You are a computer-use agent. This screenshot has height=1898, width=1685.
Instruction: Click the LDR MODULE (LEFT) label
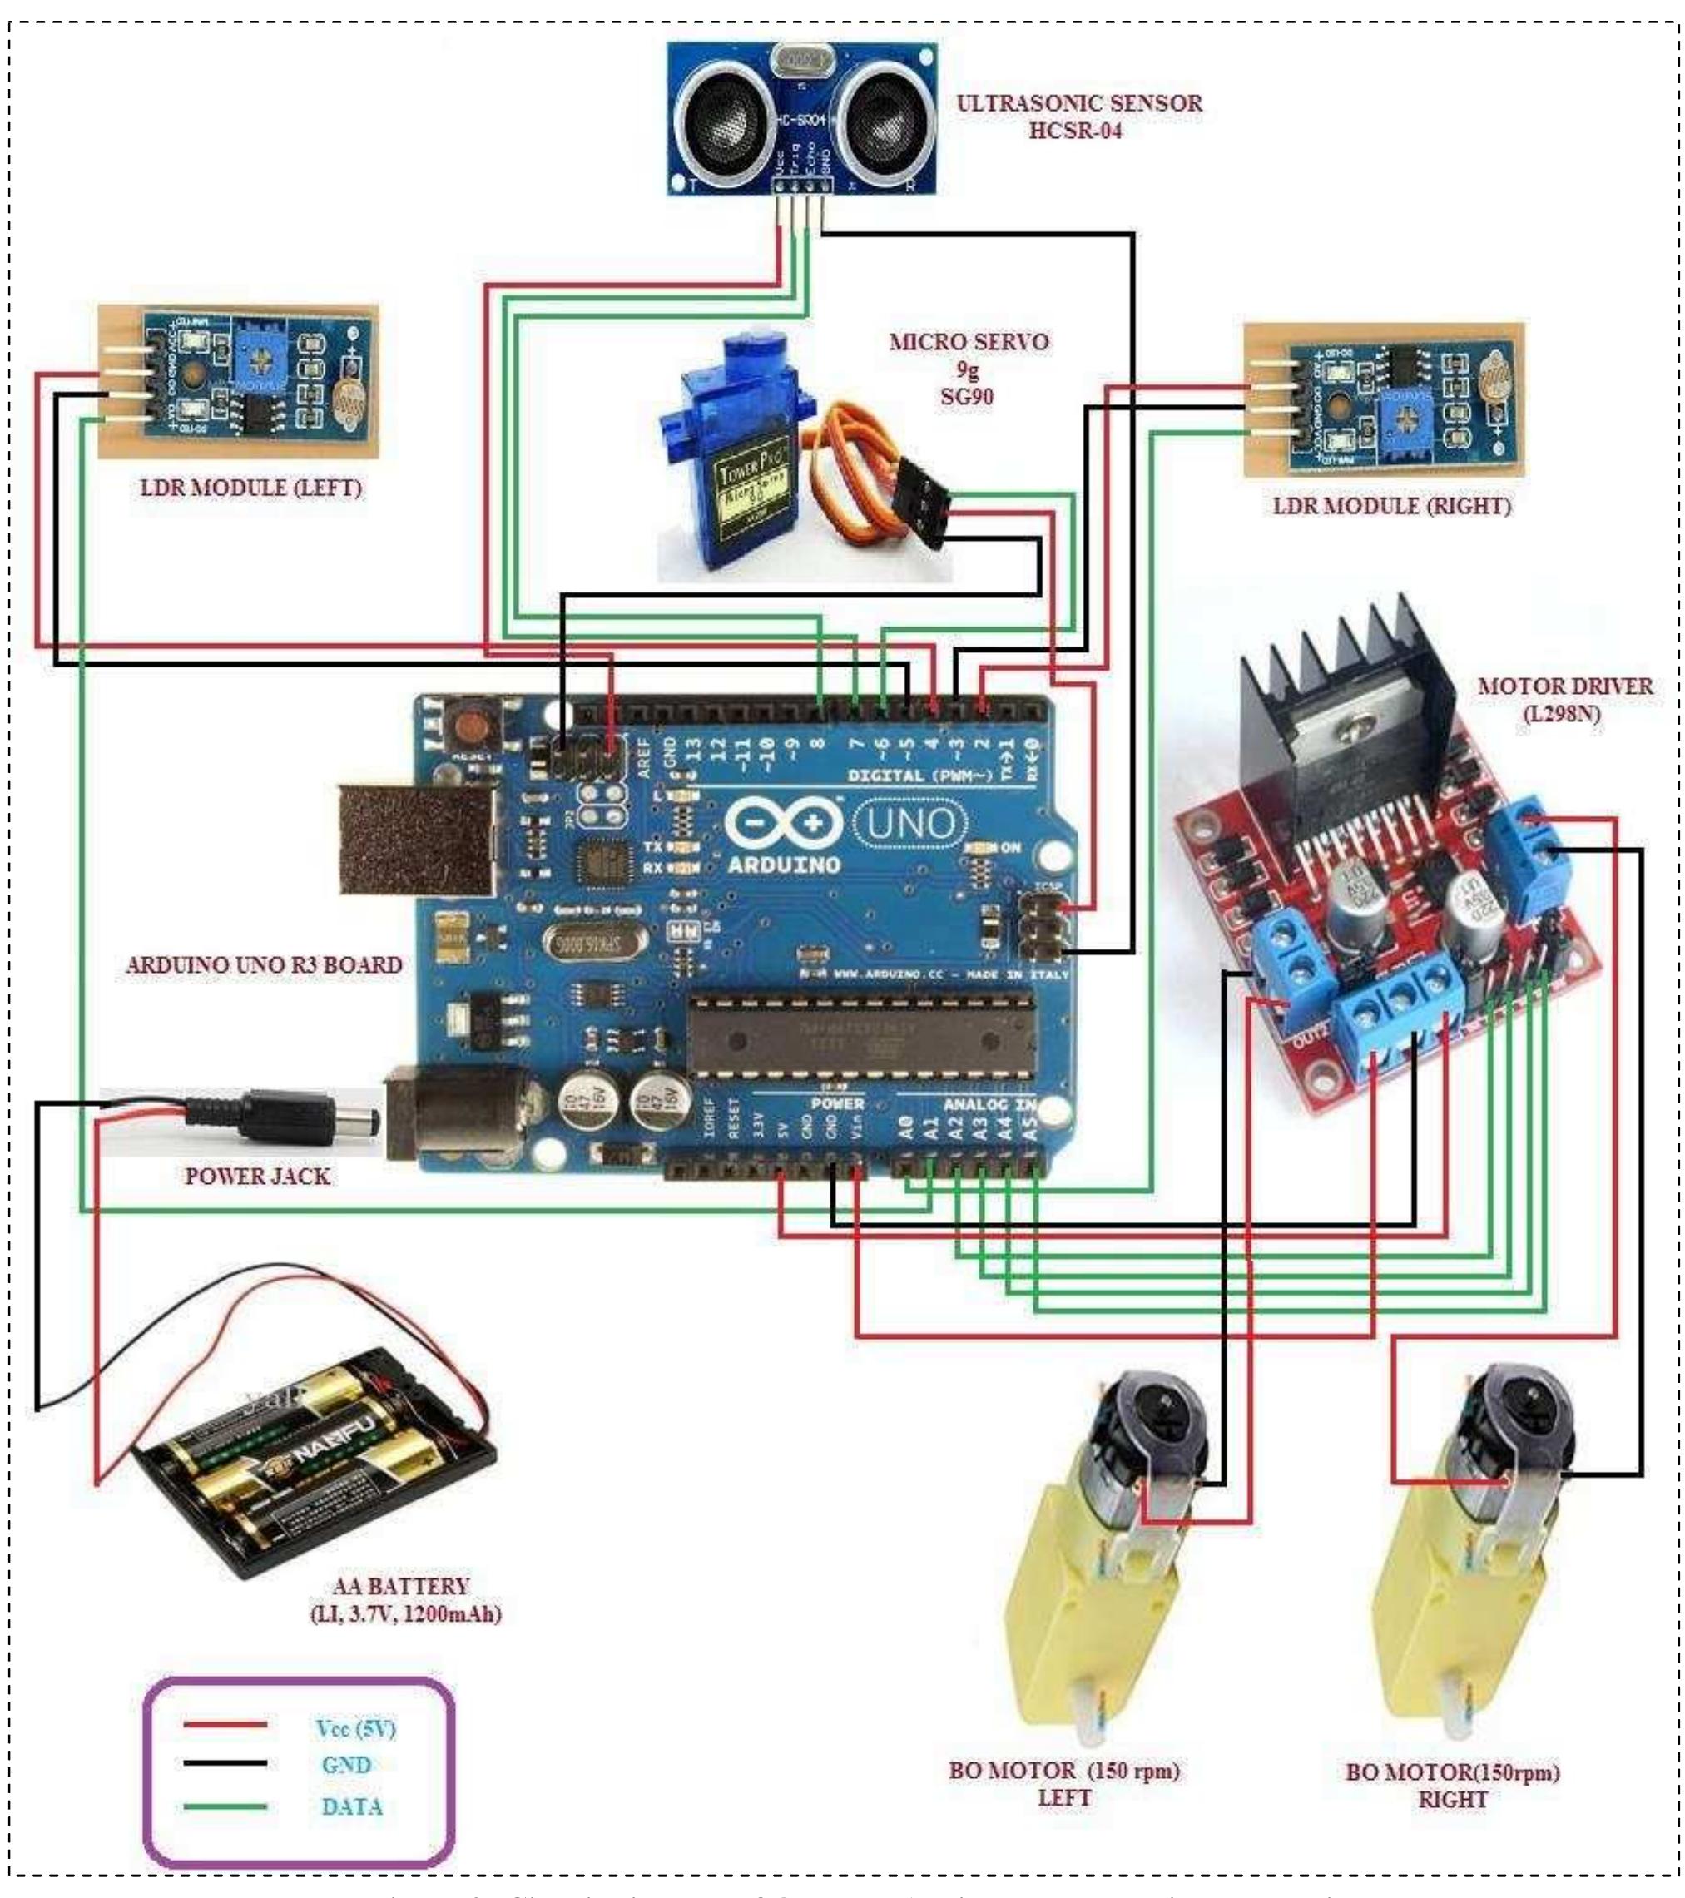[250, 487]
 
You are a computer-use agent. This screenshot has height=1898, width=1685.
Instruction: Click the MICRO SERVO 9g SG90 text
[969, 369]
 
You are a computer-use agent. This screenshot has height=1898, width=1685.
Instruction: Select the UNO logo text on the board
[909, 823]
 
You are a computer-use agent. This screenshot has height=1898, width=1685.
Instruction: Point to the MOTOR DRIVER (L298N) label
[1564, 699]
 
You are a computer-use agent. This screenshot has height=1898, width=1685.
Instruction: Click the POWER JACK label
[256, 1176]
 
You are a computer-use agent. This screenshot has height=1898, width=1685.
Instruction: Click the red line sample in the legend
[225, 1725]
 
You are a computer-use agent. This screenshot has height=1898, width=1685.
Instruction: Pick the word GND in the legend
[346, 1764]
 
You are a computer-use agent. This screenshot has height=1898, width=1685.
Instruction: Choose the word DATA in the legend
[352, 1807]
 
